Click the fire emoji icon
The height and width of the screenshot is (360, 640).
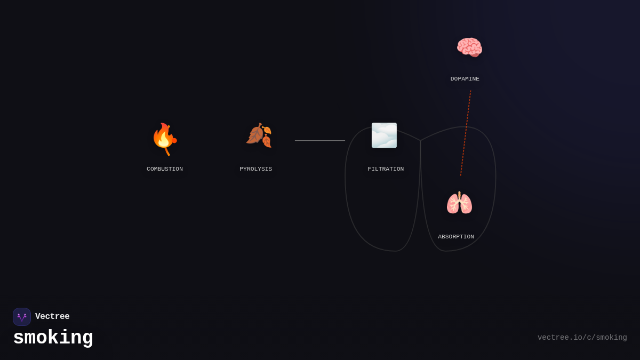coord(164,138)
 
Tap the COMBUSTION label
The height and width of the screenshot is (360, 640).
coord(165,169)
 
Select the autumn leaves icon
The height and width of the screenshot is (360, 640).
coord(259,135)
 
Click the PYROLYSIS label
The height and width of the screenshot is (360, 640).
coord(255,169)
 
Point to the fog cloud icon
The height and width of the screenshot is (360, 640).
coord(384,135)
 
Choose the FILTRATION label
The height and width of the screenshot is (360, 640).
coord(386,169)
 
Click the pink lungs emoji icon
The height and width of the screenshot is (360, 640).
coord(459,203)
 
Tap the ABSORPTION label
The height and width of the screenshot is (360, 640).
coord(456,237)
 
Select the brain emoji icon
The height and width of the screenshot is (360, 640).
coord(469,47)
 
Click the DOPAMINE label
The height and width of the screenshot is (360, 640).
coord(465,79)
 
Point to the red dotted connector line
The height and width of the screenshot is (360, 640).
coord(466,133)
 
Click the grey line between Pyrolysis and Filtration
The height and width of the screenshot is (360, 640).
coord(320,141)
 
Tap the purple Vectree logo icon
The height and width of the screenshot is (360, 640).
coord(22,317)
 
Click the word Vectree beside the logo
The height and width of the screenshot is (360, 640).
coord(52,317)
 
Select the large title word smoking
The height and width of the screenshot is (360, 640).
coord(53,338)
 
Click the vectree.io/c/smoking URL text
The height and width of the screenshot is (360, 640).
coord(582,338)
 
